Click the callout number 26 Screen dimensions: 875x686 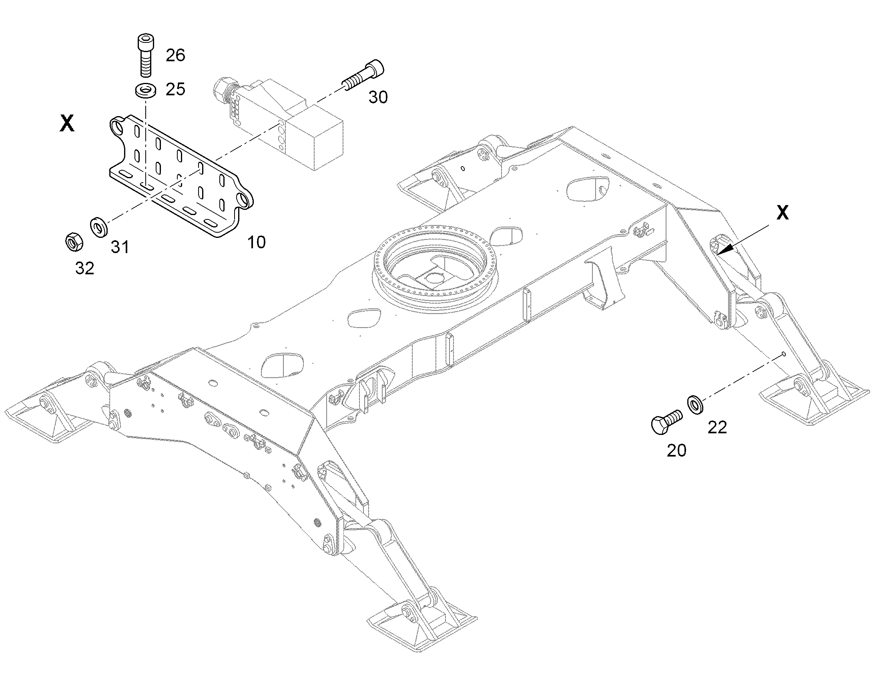click(175, 55)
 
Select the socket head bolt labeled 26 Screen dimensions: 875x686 click(145, 55)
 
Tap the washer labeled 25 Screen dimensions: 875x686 click(145, 90)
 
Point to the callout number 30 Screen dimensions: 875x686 click(378, 97)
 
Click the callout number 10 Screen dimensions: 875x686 click(257, 242)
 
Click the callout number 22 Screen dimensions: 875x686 click(717, 428)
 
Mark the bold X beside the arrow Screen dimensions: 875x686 click(782, 213)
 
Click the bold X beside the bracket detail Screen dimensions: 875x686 click(67, 123)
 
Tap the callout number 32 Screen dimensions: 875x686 click(85, 268)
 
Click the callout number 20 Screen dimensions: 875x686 click(677, 451)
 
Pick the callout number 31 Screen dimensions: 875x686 click(120, 247)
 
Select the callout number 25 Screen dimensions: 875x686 click(175, 89)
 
